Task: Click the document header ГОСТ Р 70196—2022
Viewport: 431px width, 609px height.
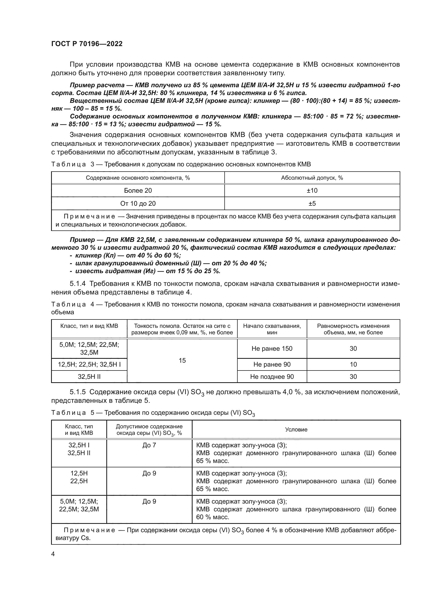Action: [x=87, y=44]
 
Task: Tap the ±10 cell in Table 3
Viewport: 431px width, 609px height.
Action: [x=312, y=190]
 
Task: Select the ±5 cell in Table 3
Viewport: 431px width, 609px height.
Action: [x=312, y=203]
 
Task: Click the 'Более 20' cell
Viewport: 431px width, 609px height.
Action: [x=138, y=190]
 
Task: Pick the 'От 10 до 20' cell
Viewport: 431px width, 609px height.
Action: [x=138, y=203]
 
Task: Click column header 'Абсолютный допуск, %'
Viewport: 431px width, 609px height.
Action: [x=312, y=178]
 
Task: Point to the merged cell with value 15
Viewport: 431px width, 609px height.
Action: [x=182, y=360]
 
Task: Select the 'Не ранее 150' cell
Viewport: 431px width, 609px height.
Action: [x=272, y=349]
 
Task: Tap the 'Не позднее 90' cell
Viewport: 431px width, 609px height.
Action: [x=272, y=377]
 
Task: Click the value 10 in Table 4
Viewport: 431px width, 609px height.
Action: [x=353, y=365]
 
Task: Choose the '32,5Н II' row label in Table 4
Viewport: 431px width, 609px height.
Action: [x=89, y=377]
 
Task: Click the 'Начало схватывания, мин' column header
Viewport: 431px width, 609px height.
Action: [x=272, y=329]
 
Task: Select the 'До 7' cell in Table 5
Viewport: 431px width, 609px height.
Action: [x=149, y=445]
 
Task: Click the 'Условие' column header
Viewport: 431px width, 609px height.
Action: [x=296, y=429]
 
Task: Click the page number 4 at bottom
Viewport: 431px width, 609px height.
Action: [x=53, y=554]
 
